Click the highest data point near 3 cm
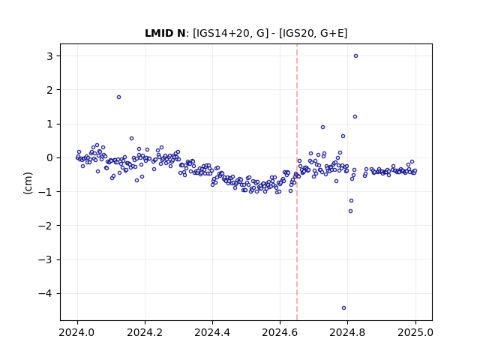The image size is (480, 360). coord(355,56)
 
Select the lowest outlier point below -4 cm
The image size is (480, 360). coord(343,308)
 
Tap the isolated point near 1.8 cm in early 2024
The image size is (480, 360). coord(118,97)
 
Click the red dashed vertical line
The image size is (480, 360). coord(297,182)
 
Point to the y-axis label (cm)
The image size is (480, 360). coord(28,183)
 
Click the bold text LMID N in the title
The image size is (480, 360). coord(165,33)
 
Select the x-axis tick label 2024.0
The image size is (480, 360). coord(77,332)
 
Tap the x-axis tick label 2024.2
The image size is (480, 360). coord(145,332)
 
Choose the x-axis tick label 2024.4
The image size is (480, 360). coord(212,332)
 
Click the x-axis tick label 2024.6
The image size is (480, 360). coord(280,332)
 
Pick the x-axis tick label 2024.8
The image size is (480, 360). coord(347,332)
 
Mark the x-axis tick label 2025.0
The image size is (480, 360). coord(415,332)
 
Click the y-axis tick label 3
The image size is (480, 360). coord(49,56)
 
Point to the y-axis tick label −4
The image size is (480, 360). coord(45,293)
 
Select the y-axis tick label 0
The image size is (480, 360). coord(49,158)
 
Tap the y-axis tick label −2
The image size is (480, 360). coord(45,226)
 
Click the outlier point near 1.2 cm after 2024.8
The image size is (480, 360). coord(355,117)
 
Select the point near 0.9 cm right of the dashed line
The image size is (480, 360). coord(322,127)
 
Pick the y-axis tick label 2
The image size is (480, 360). coord(49,90)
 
